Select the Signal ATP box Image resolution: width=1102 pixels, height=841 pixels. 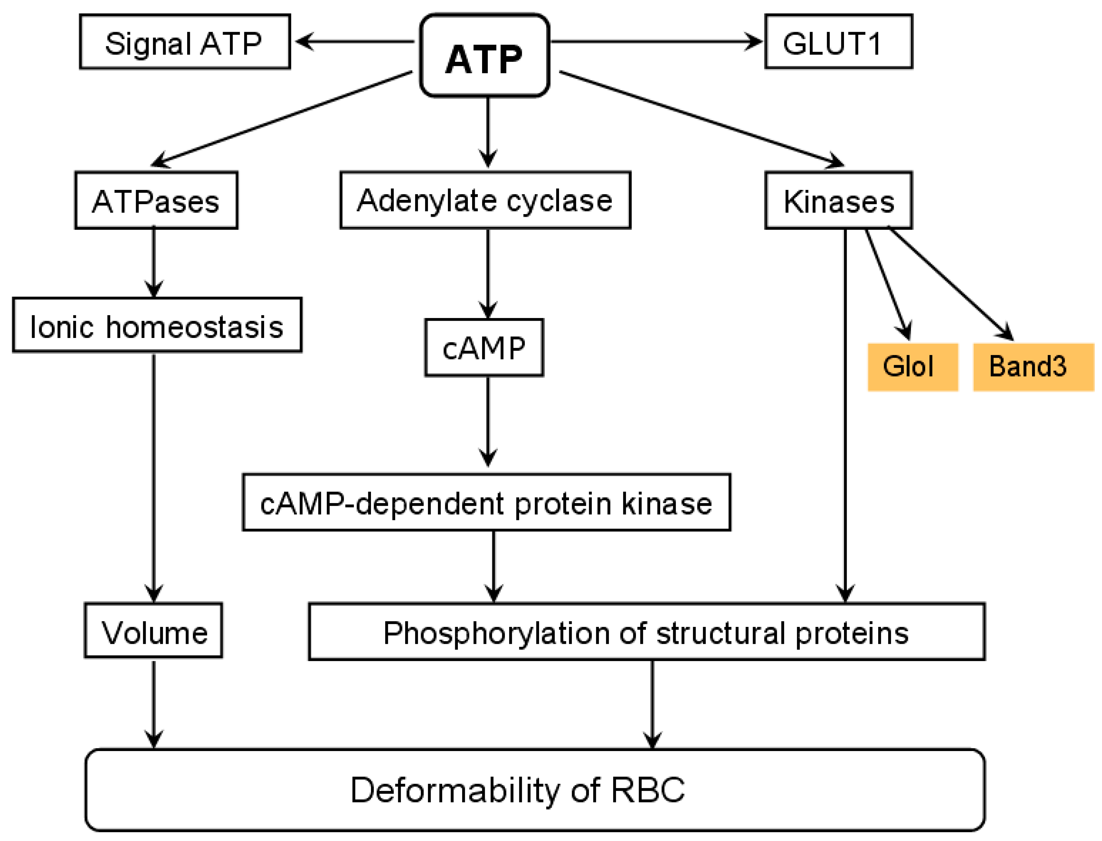[x=185, y=42]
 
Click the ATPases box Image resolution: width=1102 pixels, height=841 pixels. [x=156, y=201]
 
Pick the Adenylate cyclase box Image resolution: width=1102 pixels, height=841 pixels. [x=485, y=201]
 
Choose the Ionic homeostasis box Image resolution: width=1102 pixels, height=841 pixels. [x=157, y=326]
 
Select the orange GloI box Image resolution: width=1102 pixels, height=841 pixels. [x=912, y=367]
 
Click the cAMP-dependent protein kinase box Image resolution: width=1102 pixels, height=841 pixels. [x=486, y=503]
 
